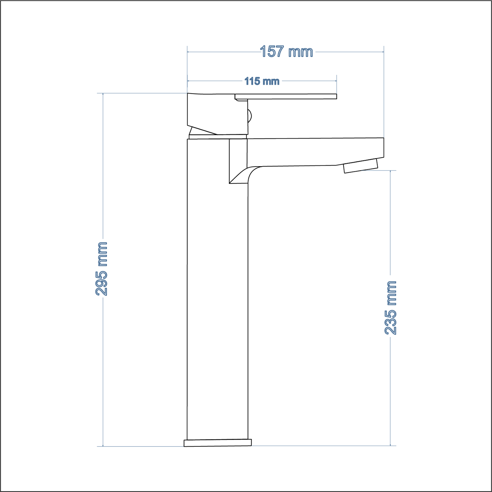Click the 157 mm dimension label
coord(286,52)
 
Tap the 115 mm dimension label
coord(262,81)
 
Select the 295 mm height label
coord(102,269)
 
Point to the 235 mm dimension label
coord(391,308)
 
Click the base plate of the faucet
coord(218,443)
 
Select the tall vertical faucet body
coord(217,289)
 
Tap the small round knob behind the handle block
coord(250,116)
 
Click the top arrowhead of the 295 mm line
coord(103,94)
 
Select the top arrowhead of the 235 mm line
coord(391,172)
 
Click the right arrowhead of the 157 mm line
coord(382,52)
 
